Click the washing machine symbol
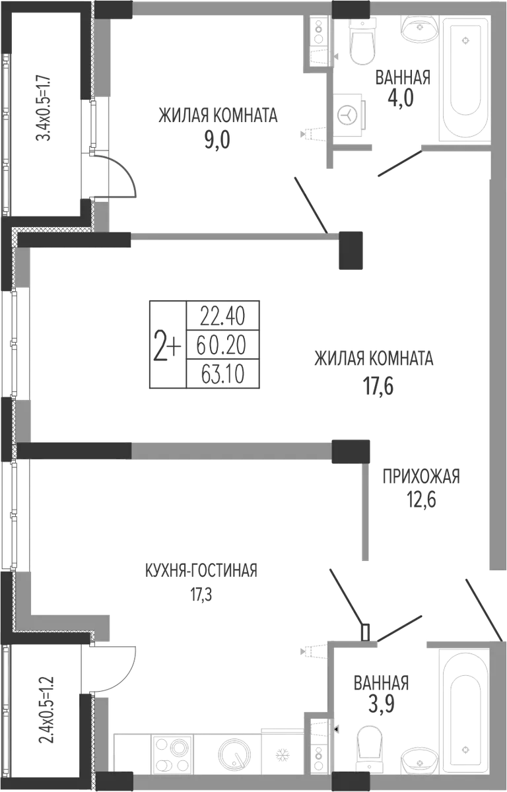[349, 115]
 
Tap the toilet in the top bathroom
[362, 41]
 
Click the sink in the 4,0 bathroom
[420, 28]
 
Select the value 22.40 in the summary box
[222, 316]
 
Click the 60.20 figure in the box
[221, 345]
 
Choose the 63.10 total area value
[222, 374]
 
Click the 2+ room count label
[167, 345]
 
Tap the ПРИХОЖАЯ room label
[421, 477]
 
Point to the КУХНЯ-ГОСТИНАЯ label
[201, 571]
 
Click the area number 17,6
[378, 385]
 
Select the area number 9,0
[217, 140]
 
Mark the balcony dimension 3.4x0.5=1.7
[44, 108]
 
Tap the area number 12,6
[421, 500]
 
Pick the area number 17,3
[201, 595]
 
